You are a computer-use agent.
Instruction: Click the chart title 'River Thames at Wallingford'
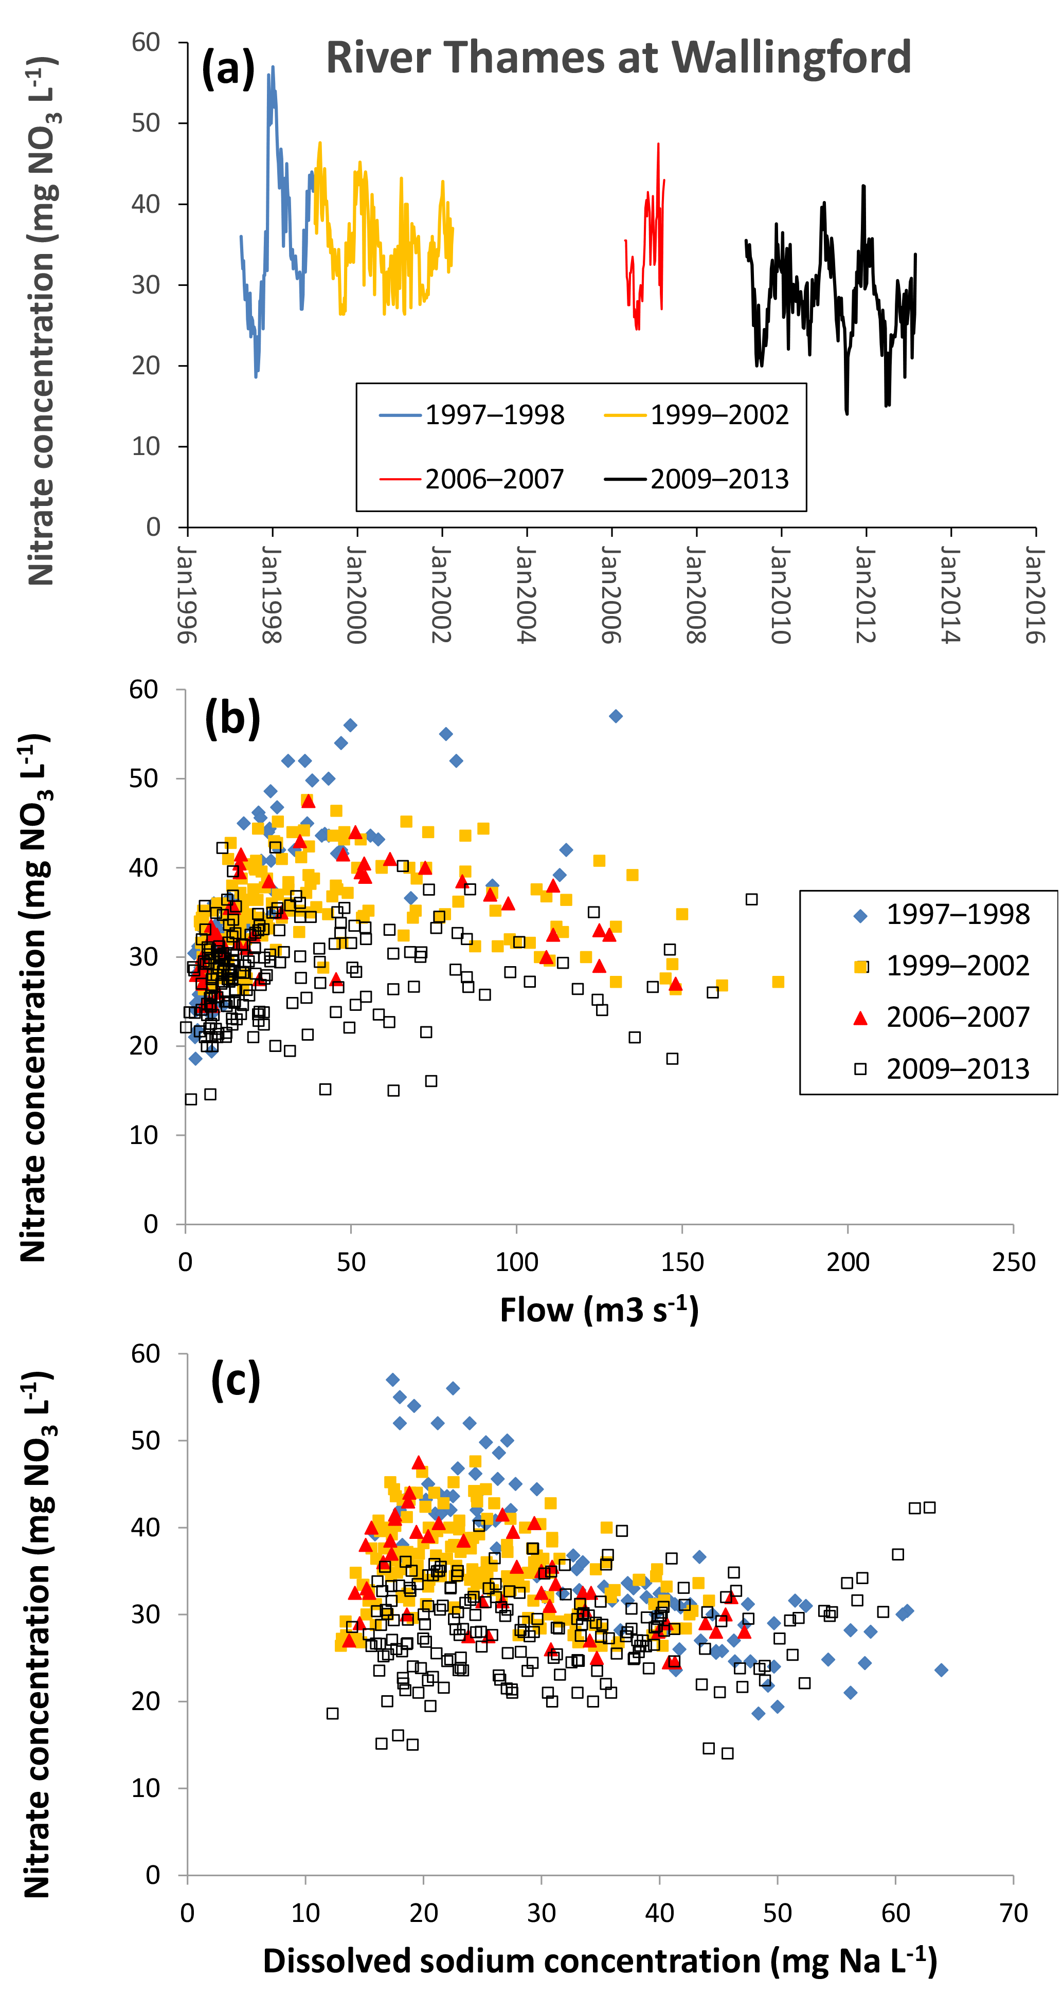tap(618, 58)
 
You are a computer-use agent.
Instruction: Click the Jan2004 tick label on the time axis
tap(526, 595)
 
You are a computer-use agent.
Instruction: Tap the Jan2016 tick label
tap(1035, 595)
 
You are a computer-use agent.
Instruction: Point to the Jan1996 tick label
tap(187, 595)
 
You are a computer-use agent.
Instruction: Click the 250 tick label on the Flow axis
tap(1013, 1262)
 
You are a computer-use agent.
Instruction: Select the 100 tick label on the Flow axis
tap(516, 1262)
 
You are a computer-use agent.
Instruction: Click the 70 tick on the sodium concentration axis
tap(1013, 1913)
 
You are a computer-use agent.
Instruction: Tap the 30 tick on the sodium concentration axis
tap(541, 1913)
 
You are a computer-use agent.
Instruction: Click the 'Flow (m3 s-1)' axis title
tap(599, 1310)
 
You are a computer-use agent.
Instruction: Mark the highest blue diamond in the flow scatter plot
tap(616, 716)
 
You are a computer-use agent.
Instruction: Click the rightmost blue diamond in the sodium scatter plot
tap(941, 1670)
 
